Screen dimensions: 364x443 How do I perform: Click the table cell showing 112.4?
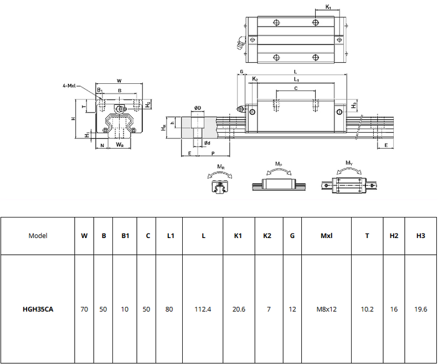[203, 309]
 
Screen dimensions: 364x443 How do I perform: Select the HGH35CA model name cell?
[38, 309]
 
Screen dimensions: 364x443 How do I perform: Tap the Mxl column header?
[326, 235]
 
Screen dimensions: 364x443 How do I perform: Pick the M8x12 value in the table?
[326, 309]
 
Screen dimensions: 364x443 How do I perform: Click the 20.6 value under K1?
[239, 309]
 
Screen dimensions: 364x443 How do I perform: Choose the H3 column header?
[420, 235]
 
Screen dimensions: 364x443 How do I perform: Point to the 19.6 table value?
[420, 309]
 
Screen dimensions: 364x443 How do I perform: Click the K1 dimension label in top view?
[328, 7]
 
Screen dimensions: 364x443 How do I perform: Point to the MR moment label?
[220, 166]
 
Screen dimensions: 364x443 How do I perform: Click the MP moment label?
[278, 164]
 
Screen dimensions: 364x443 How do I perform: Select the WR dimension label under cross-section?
[120, 145]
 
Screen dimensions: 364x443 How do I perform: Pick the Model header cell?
[38, 235]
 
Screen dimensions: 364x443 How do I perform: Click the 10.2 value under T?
[367, 309]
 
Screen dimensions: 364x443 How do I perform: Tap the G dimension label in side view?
[241, 72]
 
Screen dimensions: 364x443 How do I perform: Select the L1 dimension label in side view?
[296, 80]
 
